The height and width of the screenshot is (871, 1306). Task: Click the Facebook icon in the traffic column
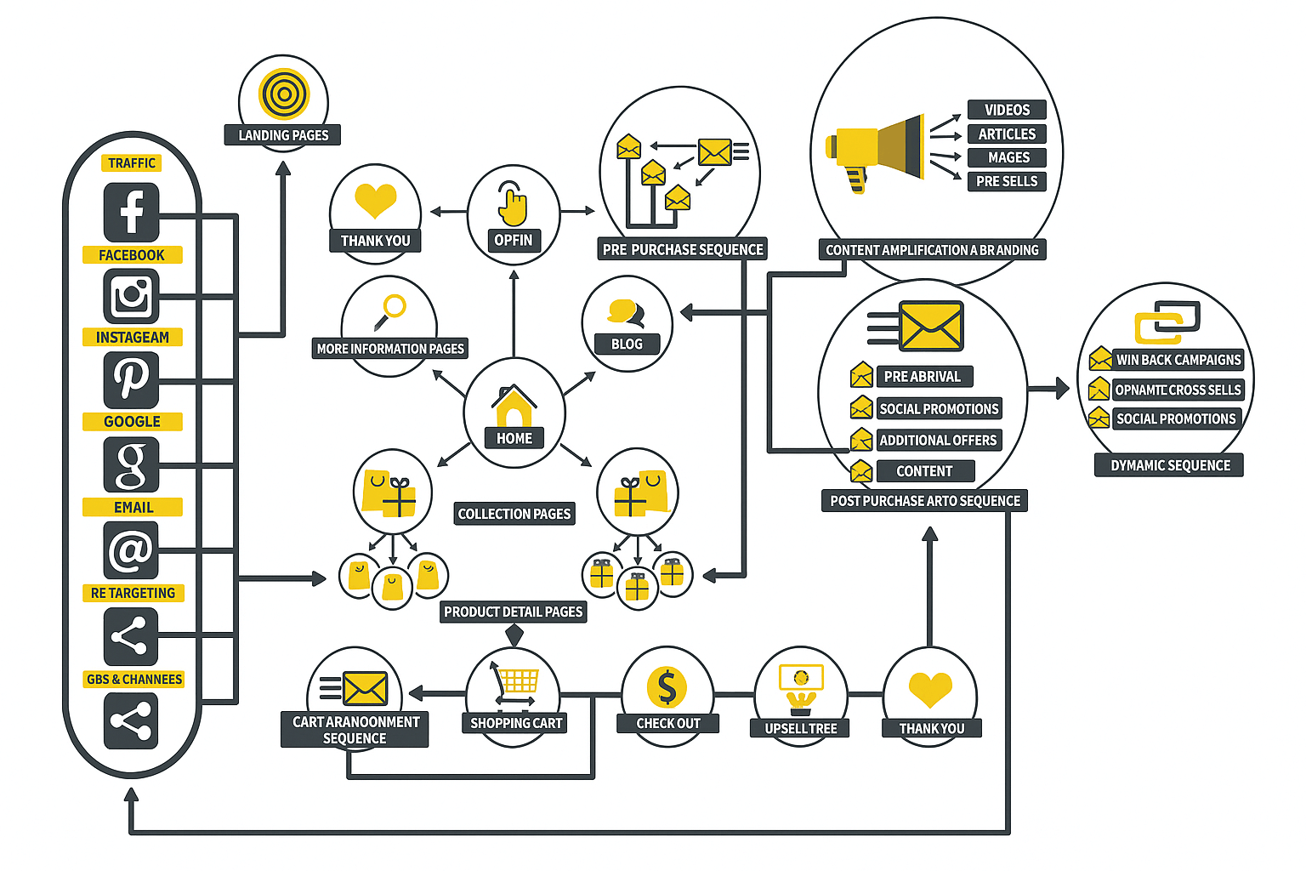click(x=131, y=213)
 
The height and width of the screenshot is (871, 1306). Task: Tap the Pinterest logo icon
click(x=131, y=379)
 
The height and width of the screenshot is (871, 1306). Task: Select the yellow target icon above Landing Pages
click(x=284, y=94)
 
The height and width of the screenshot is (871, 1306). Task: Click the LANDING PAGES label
click(x=283, y=135)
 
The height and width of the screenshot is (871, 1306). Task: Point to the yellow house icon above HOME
click(x=514, y=406)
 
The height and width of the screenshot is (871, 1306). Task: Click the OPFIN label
click(x=514, y=241)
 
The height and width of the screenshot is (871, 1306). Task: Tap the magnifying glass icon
click(x=390, y=310)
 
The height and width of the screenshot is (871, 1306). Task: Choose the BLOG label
click(x=627, y=344)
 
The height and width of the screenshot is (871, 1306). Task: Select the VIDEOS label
click(x=1007, y=110)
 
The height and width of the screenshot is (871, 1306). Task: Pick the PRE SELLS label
click(x=1007, y=181)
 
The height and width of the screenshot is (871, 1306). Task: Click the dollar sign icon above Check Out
click(x=667, y=686)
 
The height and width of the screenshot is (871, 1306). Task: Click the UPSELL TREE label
click(x=800, y=729)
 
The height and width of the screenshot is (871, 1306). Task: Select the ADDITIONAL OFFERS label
click(x=938, y=441)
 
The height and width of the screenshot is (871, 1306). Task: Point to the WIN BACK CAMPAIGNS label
click(x=1178, y=360)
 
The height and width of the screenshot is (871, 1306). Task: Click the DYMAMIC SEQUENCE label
click(x=1170, y=465)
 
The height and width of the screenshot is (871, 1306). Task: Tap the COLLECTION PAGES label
click(x=514, y=514)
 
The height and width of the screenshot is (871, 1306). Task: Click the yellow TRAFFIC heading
click(x=132, y=163)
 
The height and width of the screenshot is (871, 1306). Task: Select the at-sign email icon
click(x=131, y=550)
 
